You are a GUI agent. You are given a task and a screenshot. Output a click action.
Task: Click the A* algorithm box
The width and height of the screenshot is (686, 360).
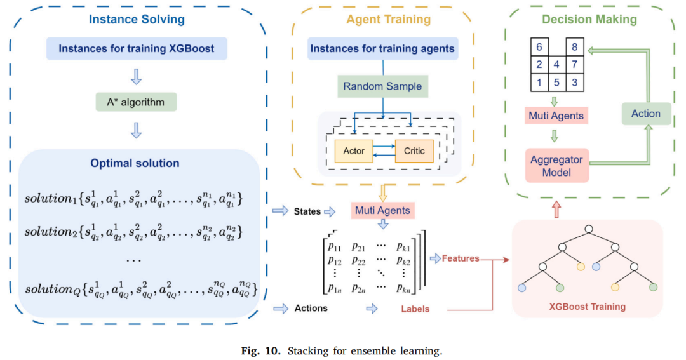136,102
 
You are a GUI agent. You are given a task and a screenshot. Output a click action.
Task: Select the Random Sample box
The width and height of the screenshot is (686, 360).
382,86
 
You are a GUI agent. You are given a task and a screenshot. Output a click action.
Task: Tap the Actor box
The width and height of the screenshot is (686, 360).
354,151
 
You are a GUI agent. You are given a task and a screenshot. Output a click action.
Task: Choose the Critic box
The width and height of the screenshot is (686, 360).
414,151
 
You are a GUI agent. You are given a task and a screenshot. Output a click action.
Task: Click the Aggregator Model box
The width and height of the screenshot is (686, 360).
556,166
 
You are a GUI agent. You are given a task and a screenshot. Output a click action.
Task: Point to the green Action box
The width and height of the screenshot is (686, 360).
646,114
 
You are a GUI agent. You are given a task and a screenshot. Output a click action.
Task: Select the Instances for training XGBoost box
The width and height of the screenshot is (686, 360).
137,48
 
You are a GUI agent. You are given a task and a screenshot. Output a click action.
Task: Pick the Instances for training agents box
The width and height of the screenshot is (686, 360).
382,48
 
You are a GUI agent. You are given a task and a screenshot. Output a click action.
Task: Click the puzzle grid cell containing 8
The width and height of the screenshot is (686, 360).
574,47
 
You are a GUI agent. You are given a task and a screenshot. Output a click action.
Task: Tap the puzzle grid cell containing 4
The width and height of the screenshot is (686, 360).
556,65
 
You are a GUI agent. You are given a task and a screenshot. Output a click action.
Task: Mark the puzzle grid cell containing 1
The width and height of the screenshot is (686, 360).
539,83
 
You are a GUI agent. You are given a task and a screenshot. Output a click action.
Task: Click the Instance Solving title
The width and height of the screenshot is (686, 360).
137,19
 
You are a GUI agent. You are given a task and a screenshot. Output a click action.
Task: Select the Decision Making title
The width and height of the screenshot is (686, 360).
589,19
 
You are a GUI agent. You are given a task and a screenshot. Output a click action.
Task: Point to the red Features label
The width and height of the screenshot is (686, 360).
461,258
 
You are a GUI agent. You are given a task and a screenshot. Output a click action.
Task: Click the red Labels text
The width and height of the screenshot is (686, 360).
415,309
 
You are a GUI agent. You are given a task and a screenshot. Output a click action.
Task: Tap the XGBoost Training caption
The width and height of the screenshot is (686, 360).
587,307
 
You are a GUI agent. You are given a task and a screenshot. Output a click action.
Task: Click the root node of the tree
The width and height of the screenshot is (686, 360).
588,229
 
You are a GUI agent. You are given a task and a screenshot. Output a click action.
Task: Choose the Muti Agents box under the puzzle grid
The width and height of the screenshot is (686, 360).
556,116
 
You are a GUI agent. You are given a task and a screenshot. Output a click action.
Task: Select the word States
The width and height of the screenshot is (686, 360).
307,211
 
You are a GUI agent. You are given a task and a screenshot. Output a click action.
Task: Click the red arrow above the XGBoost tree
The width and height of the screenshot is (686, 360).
556,209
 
